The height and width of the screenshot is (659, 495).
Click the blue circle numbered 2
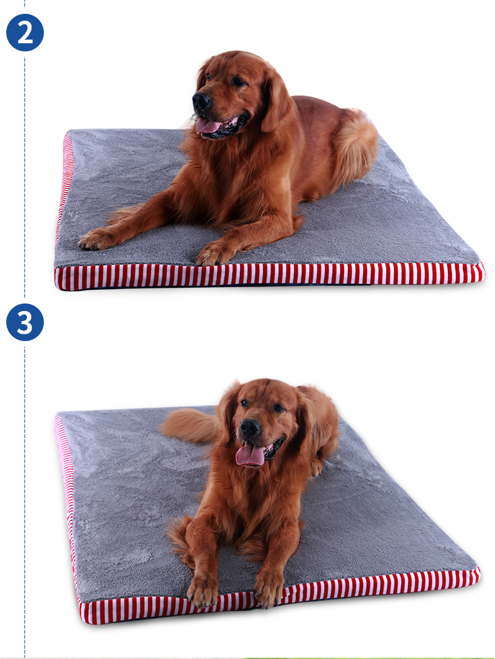(x=25, y=33)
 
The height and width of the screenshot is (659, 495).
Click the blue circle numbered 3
(x=25, y=322)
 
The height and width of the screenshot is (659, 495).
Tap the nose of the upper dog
(x=201, y=101)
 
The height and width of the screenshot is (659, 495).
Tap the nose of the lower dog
(x=250, y=428)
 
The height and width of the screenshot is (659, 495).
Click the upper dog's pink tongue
(x=208, y=125)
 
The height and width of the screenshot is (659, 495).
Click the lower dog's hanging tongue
(x=251, y=455)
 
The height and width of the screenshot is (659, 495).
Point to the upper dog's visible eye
(x=238, y=81)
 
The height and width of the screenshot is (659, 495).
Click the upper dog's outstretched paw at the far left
(x=95, y=239)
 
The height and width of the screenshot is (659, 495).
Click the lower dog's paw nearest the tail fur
(x=202, y=591)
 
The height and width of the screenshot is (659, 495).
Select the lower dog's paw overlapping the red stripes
(x=269, y=588)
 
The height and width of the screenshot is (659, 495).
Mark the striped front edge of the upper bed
(x=269, y=276)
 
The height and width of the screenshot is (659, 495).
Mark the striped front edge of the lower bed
(x=279, y=594)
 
